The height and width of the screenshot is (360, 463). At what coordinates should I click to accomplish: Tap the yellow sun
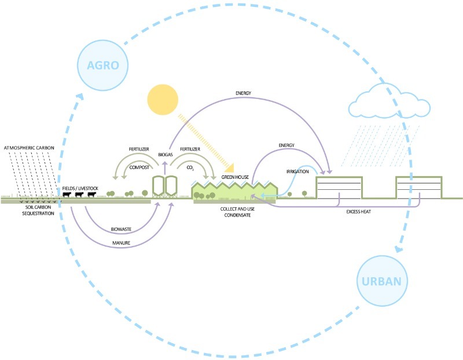click(163, 100)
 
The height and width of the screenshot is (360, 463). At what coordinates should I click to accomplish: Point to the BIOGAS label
click(166, 155)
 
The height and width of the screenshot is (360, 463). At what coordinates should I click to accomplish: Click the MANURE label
click(121, 243)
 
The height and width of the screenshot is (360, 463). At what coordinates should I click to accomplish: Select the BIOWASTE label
click(121, 229)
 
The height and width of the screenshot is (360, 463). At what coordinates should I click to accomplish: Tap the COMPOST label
click(139, 167)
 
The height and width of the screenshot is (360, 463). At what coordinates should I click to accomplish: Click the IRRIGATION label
click(297, 171)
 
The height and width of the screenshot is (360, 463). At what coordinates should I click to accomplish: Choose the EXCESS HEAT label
click(358, 212)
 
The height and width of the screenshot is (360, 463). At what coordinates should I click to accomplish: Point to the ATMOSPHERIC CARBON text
click(29, 148)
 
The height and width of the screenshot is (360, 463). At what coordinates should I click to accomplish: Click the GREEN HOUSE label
click(235, 177)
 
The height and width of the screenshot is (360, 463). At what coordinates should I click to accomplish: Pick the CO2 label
click(190, 168)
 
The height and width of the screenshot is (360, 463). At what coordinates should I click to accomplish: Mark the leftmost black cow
click(67, 194)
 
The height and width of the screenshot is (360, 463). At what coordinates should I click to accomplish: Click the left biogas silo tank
click(158, 186)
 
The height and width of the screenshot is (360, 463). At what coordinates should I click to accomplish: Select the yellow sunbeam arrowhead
click(230, 168)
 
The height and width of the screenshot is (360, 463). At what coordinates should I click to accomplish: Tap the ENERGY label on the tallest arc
click(243, 93)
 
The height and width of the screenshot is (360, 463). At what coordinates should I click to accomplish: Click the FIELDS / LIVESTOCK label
click(80, 189)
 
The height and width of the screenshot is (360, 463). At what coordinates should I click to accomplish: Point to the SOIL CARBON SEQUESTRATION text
click(38, 210)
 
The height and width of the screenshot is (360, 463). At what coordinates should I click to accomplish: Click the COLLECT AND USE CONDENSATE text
click(237, 212)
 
